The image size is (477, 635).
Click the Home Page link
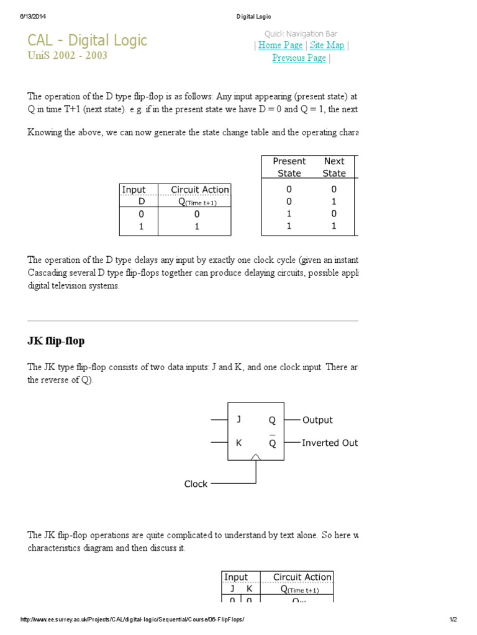[x=280, y=45]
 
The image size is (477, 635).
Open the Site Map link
[x=327, y=45]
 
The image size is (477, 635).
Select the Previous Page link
[x=299, y=58]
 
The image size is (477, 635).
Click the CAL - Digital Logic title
[x=87, y=40]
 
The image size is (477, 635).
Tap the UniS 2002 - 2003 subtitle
[x=67, y=55]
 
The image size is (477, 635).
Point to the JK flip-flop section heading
[x=56, y=341]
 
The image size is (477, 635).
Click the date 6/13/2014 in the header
[x=34, y=16]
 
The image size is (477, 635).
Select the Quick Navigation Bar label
[x=301, y=33]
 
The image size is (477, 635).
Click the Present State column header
[x=289, y=167]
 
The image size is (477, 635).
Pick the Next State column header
[x=334, y=167]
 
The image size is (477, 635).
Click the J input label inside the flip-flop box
[x=238, y=420]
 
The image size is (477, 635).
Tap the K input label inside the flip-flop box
[x=238, y=443]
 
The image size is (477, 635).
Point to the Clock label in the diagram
[x=196, y=484]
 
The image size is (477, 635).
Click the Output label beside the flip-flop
[x=317, y=420]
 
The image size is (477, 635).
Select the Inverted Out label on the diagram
[x=330, y=443]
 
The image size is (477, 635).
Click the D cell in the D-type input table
[x=141, y=202]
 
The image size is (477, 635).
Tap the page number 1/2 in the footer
[x=453, y=619]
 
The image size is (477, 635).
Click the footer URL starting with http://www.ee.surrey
[x=133, y=619]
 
